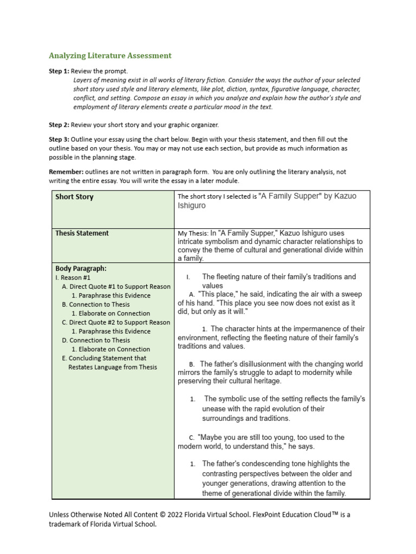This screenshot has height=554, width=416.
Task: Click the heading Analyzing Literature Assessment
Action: [x=110, y=55]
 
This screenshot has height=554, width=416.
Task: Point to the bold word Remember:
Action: [x=67, y=172]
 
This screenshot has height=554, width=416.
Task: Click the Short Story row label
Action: [x=74, y=197]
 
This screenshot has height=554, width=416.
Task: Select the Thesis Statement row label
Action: [x=82, y=233]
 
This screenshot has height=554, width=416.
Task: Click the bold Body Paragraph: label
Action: [x=81, y=268]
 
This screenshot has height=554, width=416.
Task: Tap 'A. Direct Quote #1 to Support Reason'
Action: [x=116, y=287]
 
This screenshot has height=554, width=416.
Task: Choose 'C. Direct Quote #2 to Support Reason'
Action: [x=116, y=322]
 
